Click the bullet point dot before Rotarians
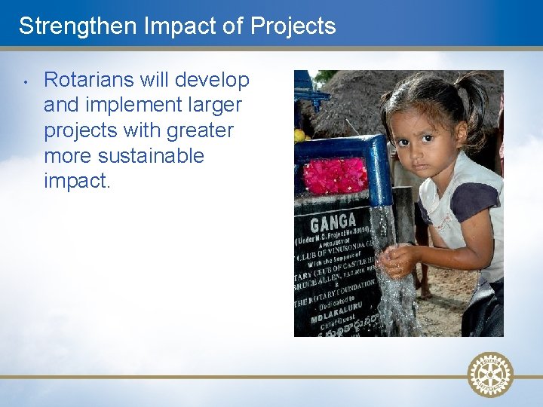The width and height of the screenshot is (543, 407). (x=25, y=80)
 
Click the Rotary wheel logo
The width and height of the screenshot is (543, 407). (x=490, y=374)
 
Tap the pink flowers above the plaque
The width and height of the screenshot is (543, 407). (x=335, y=176)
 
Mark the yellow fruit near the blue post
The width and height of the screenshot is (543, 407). (x=299, y=135)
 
